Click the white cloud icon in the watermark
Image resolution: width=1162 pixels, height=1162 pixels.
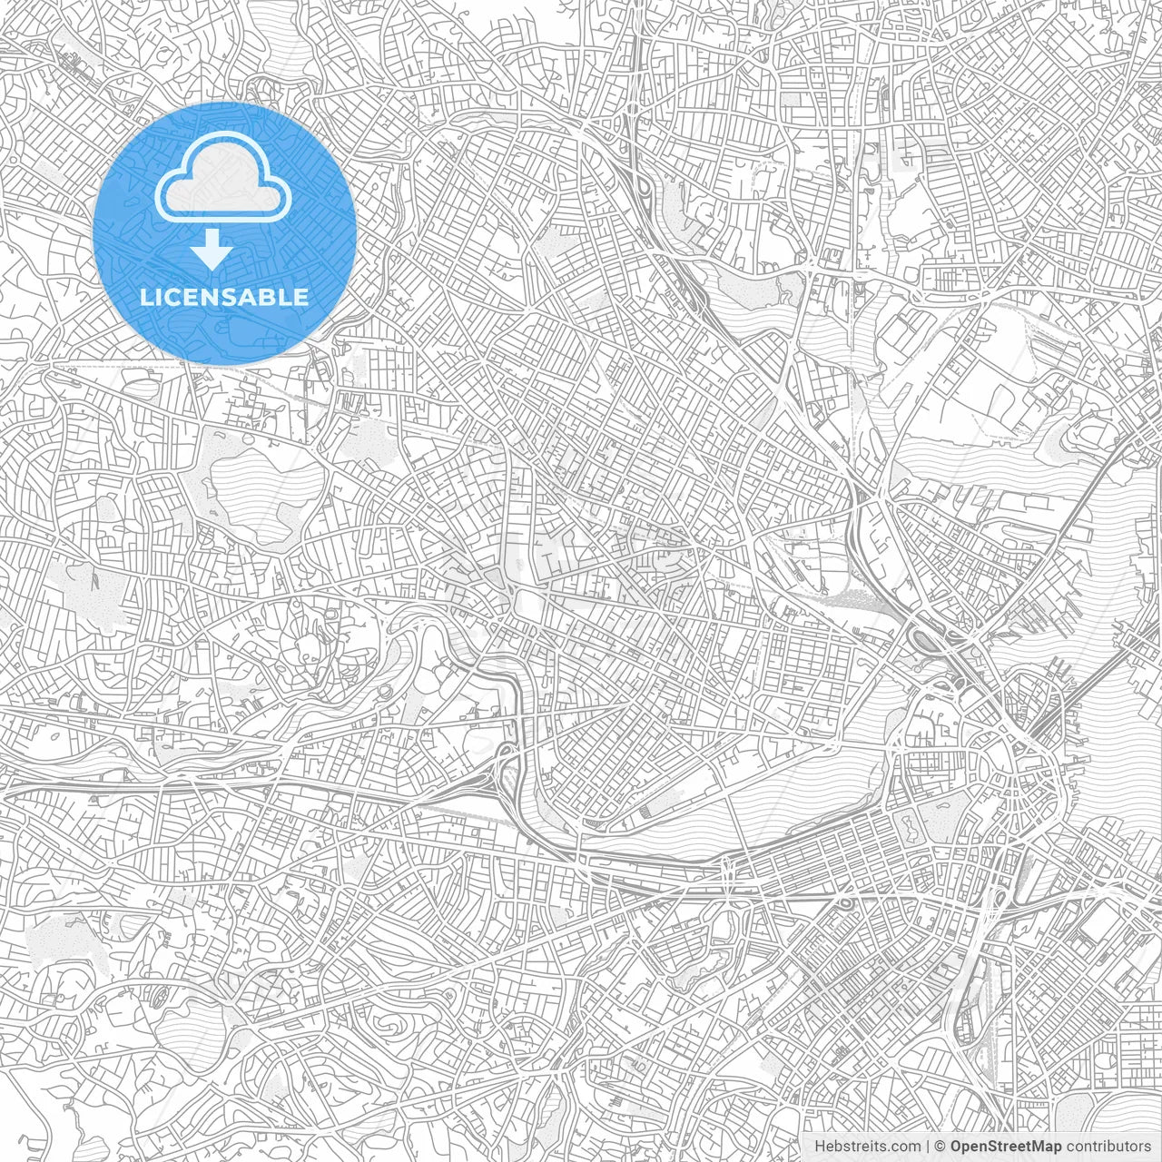point(223,178)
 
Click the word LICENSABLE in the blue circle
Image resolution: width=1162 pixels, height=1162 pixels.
point(223,297)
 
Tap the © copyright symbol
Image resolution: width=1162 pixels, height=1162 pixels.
point(940,1146)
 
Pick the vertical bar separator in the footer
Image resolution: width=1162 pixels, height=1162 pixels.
point(928,1146)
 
